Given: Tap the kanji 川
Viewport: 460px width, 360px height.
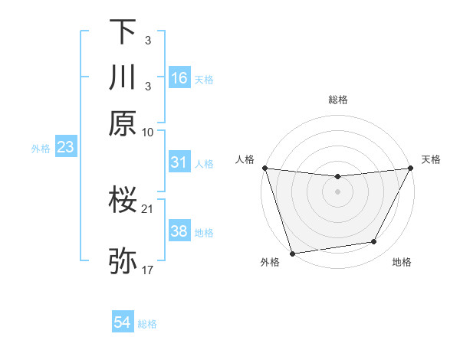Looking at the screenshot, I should (x=123, y=77).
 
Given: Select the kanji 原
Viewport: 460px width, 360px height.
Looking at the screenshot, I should (x=123, y=123).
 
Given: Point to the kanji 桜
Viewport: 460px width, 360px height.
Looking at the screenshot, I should (x=123, y=201).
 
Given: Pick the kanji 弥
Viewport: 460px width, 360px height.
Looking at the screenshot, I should (x=123, y=261).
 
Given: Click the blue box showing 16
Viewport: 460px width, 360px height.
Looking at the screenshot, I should (x=179, y=78).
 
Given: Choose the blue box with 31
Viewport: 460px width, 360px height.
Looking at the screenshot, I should (x=179, y=162).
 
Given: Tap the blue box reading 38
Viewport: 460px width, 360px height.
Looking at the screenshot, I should (x=179, y=231).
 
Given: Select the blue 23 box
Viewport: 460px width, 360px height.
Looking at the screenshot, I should (x=64, y=147).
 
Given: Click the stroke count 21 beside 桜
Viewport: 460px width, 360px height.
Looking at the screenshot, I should (x=148, y=208).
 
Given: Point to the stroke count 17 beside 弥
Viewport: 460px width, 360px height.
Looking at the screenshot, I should (x=148, y=270).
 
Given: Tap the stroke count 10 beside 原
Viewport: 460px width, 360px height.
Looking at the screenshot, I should (x=148, y=132).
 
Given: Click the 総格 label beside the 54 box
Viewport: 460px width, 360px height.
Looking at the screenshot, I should (x=147, y=324).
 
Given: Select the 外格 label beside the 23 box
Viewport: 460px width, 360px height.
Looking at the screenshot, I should (x=41, y=148).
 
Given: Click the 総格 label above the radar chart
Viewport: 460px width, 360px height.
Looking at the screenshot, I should (x=338, y=100).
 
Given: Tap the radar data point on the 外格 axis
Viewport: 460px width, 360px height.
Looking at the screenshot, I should (x=292, y=253).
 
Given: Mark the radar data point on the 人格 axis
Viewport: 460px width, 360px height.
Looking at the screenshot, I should (x=264, y=168).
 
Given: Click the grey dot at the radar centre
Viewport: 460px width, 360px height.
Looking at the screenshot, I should (x=338, y=191).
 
